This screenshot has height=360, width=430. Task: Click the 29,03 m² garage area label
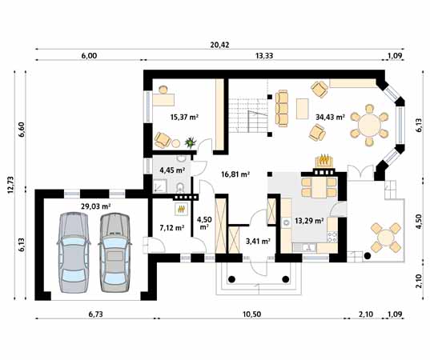(95, 206)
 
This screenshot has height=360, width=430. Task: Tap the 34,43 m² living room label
(329, 117)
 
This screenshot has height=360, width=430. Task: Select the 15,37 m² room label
(184, 117)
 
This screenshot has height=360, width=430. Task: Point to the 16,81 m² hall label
(235, 173)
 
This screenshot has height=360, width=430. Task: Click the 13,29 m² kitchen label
(308, 221)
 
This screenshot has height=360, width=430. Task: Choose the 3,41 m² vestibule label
(256, 240)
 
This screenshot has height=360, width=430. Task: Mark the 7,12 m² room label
(171, 227)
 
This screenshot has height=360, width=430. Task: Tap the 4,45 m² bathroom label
(172, 170)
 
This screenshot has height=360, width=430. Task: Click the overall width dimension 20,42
(219, 45)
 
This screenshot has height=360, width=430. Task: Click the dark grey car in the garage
(112, 254)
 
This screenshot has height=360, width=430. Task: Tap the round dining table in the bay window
(370, 123)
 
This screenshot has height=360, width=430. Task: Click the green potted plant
(190, 142)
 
